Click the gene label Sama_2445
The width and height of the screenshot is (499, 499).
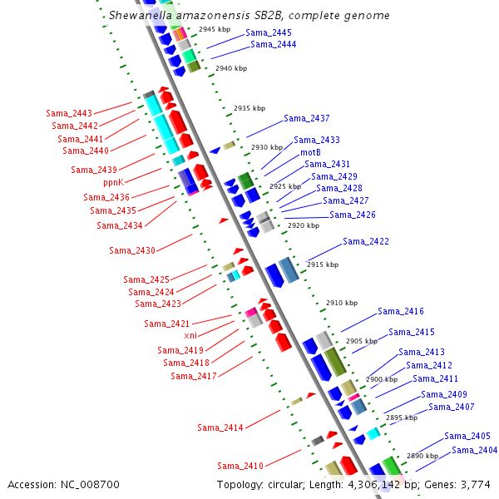tap(269, 32)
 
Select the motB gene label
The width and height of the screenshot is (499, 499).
tap(310, 152)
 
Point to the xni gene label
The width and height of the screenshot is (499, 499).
tap(190, 335)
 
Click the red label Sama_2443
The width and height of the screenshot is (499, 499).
tap(69, 112)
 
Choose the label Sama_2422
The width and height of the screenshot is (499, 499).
tap(366, 242)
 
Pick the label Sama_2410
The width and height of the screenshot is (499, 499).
tap(240, 466)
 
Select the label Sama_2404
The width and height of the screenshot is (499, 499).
tap(475, 450)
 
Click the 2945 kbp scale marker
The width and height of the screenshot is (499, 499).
tap(215, 29)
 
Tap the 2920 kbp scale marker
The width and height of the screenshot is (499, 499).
tap(303, 225)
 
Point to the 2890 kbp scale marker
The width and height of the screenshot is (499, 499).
tap(422, 456)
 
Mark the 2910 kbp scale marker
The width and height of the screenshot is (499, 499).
tap(341, 304)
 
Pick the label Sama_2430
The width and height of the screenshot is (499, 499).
tap(132, 250)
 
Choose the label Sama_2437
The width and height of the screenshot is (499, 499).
tap(307, 118)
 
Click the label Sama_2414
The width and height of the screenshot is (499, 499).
tap(220, 427)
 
